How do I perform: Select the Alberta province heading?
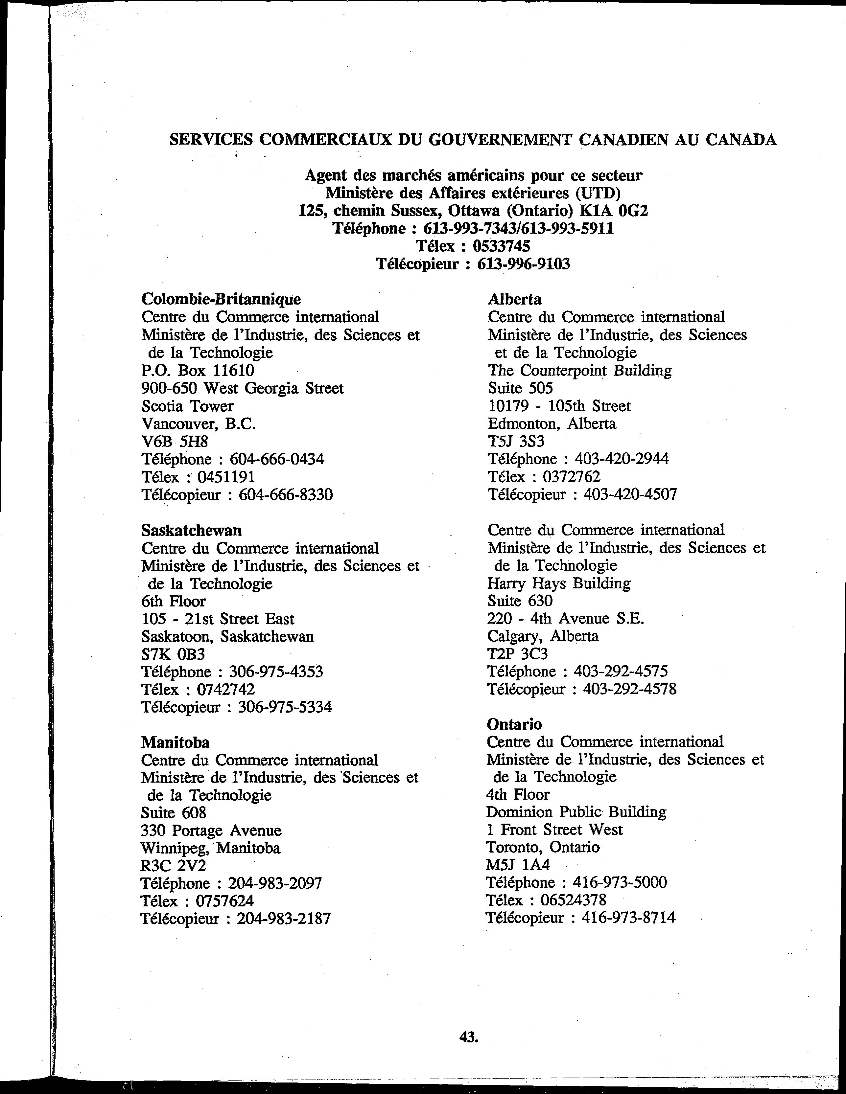pyautogui.click(x=514, y=299)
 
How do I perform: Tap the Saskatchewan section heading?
pyautogui.click(x=192, y=530)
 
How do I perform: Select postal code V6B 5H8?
pyautogui.click(x=175, y=441)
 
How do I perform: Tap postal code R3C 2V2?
pyautogui.click(x=174, y=866)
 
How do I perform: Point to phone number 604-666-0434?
pyautogui.click(x=277, y=459)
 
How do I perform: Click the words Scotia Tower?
pyautogui.click(x=187, y=406)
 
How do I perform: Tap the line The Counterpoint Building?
pyautogui.click(x=579, y=370)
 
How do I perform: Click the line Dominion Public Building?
pyautogui.click(x=576, y=812)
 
